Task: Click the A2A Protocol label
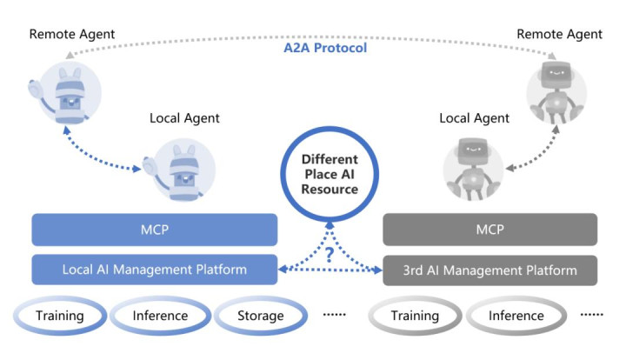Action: pos(325,49)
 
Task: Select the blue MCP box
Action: pos(155,230)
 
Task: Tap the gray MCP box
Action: pos(490,230)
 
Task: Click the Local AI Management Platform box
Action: pos(155,270)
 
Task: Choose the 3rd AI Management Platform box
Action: pos(490,270)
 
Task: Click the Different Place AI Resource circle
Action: pos(330,174)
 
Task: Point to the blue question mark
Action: pos(330,256)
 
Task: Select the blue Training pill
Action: pos(59,316)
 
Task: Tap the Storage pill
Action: pos(261,316)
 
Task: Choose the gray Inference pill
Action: pos(515,316)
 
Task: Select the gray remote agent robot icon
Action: pos(556,91)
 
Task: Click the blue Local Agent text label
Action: pos(184,118)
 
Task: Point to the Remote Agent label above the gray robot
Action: pos(559,34)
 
